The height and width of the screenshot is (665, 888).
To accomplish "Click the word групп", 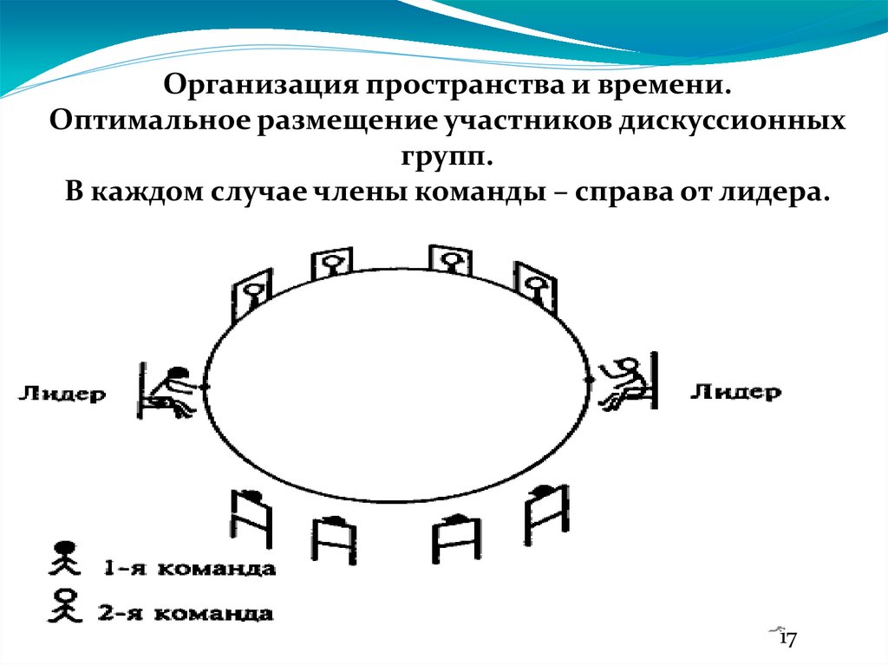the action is tap(444, 157).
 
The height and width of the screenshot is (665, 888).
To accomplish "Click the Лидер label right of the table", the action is tap(735, 391).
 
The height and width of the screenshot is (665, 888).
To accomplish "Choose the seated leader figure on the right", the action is tap(629, 384).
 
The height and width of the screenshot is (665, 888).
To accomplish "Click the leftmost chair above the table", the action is tap(251, 296).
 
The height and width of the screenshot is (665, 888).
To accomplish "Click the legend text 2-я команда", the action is tap(190, 614).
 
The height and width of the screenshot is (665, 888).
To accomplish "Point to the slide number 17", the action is tap(787, 640).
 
